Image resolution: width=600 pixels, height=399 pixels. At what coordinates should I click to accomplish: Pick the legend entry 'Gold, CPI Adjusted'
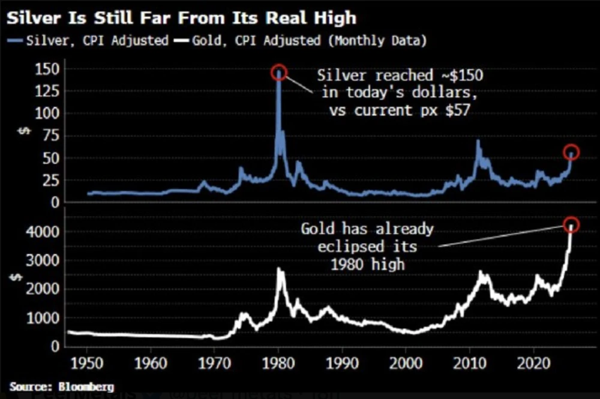(x=252, y=42)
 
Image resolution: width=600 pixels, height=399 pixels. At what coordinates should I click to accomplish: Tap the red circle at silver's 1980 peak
(x=279, y=73)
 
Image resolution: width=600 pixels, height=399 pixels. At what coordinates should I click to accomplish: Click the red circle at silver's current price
(x=571, y=152)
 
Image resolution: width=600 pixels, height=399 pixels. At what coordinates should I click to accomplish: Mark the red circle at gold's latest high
(x=571, y=224)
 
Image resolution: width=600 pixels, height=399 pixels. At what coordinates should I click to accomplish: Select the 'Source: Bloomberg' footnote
(x=61, y=386)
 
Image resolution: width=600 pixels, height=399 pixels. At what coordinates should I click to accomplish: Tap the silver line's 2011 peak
(x=478, y=142)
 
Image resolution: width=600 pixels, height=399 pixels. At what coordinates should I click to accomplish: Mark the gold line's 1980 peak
(x=280, y=269)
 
